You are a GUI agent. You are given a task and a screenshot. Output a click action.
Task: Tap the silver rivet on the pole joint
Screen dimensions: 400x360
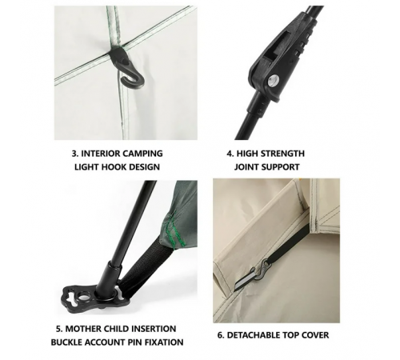click(274, 80)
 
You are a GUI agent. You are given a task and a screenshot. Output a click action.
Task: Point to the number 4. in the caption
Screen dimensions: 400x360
click(230, 154)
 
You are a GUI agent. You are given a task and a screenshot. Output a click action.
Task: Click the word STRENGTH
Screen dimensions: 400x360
click(282, 154)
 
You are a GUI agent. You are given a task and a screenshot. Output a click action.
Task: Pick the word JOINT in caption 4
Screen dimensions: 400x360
click(246, 167)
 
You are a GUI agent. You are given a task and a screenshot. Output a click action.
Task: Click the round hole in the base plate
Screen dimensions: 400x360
click(84, 298)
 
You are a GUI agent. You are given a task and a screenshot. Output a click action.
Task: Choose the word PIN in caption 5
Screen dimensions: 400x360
click(135, 342)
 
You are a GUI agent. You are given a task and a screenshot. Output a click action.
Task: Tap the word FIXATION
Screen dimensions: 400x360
click(164, 342)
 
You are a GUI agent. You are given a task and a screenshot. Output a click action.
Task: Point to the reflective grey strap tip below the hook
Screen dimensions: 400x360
click(245, 282)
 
